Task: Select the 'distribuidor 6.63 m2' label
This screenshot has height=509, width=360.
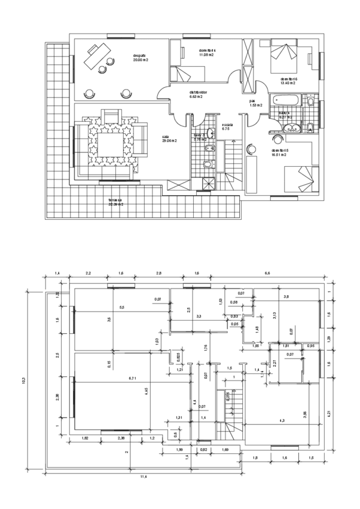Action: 191,94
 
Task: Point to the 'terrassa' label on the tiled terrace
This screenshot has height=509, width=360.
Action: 116,202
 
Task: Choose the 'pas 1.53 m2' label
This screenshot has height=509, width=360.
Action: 257,103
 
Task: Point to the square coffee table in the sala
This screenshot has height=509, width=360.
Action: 109,145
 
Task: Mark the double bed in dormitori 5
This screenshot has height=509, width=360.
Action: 299,176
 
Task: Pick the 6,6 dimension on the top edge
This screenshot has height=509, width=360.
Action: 267,273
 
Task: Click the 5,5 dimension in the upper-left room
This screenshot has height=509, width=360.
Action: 122,307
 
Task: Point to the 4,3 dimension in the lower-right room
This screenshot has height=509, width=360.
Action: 282,421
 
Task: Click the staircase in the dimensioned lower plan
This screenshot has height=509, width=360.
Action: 231,414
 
